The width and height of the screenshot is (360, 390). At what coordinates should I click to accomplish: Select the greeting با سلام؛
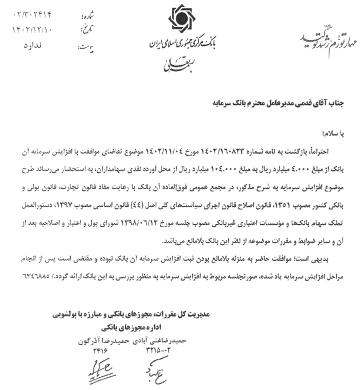coord(334,135)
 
